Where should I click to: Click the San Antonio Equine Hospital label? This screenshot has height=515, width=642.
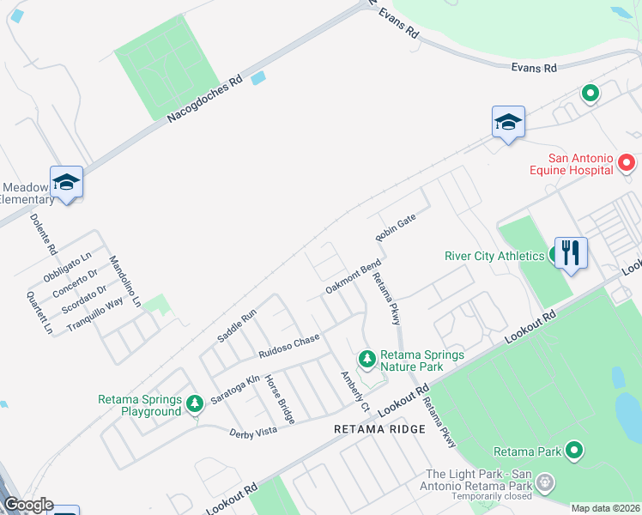(x=582, y=164)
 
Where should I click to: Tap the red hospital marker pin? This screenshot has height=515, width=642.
(x=627, y=162)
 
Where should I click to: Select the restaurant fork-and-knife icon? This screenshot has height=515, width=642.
(x=571, y=253)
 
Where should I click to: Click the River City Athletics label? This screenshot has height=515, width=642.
(x=494, y=256)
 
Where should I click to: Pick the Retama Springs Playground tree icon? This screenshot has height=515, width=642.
(x=195, y=403)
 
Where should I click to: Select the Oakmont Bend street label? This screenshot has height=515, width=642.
(x=352, y=277)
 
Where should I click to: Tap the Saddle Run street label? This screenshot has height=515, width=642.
(x=237, y=326)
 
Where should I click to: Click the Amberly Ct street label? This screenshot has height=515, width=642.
(x=354, y=391)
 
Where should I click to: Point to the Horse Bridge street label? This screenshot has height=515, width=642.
(x=280, y=399)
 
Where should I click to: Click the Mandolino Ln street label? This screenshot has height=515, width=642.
(x=124, y=282)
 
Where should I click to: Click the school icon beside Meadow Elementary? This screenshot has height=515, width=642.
(x=66, y=183)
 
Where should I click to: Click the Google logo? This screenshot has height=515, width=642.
(x=28, y=505)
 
